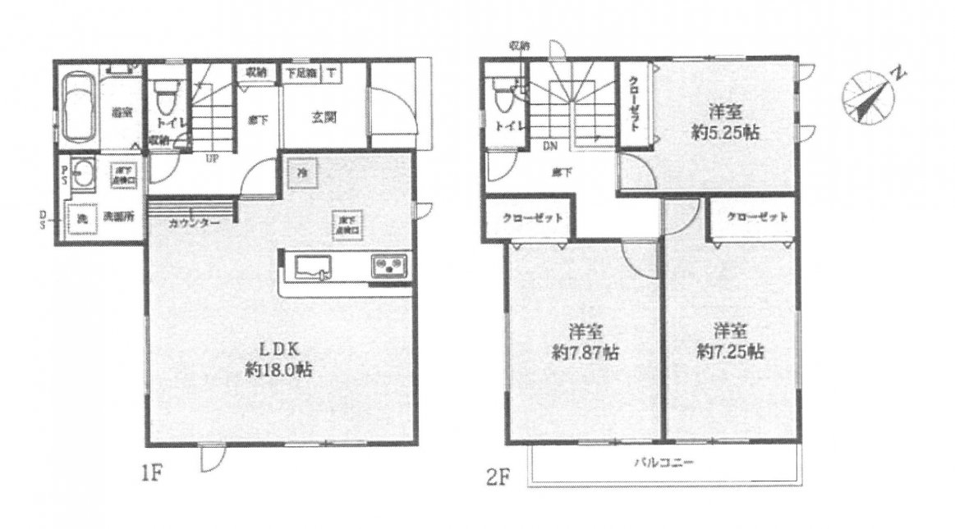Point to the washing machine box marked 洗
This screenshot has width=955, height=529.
[x=81, y=219]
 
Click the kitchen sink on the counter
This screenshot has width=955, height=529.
[x=310, y=267]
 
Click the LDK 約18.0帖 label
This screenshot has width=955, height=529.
[x=278, y=359]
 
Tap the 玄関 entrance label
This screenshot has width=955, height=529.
[x=322, y=117]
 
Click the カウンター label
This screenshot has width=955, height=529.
[x=194, y=223]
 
